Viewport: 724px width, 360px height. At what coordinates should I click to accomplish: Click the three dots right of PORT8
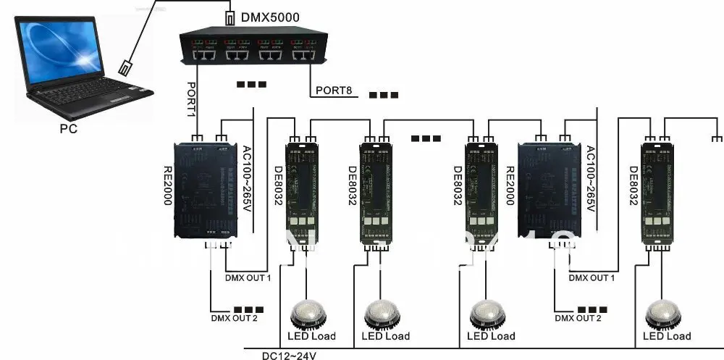384,95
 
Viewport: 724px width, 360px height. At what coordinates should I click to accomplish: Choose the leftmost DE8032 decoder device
299,193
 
